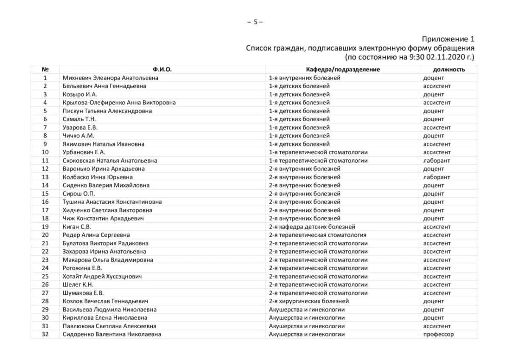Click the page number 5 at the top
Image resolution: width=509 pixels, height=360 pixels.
click(x=255, y=22)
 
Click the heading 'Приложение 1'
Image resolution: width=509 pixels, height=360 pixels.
click(x=448, y=39)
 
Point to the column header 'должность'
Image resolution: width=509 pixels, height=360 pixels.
click(x=449, y=69)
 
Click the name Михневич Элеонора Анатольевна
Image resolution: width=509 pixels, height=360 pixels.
click(x=110, y=78)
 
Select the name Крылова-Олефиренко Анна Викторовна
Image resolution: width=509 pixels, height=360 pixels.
click(x=119, y=102)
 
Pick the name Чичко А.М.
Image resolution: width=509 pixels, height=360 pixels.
click(x=78, y=135)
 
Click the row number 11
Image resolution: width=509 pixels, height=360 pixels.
click(x=45, y=160)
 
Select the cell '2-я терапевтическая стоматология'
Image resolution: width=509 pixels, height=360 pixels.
click(x=317, y=235)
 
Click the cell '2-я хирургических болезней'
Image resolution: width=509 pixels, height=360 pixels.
click(x=309, y=301)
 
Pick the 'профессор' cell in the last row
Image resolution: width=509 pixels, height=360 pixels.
click(x=438, y=334)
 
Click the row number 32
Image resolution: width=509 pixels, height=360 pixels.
click(x=45, y=334)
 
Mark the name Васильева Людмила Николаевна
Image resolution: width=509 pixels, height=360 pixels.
click(x=109, y=309)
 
